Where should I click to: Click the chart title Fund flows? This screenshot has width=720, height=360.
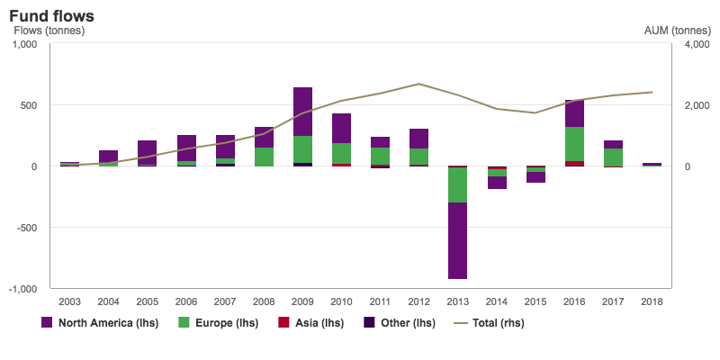[x=51, y=16]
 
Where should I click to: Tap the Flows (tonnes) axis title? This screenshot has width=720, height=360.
[x=49, y=31]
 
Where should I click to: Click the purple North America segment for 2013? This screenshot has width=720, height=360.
[x=457, y=240]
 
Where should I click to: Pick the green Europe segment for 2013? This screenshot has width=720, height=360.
[x=457, y=185]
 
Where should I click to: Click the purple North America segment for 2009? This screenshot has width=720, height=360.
[x=302, y=112]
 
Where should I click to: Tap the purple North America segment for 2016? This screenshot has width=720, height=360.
[x=573, y=113]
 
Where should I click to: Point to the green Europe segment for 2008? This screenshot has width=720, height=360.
[x=264, y=157]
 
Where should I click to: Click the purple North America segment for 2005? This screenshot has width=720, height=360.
[x=148, y=153]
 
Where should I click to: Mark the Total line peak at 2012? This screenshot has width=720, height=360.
[x=418, y=84]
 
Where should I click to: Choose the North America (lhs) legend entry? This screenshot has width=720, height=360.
[x=100, y=322]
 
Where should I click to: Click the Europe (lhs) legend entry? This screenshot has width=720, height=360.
[x=217, y=322]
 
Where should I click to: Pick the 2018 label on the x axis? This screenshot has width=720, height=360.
[x=651, y=301]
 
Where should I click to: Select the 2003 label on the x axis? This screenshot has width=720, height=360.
[x=69, y=301]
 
